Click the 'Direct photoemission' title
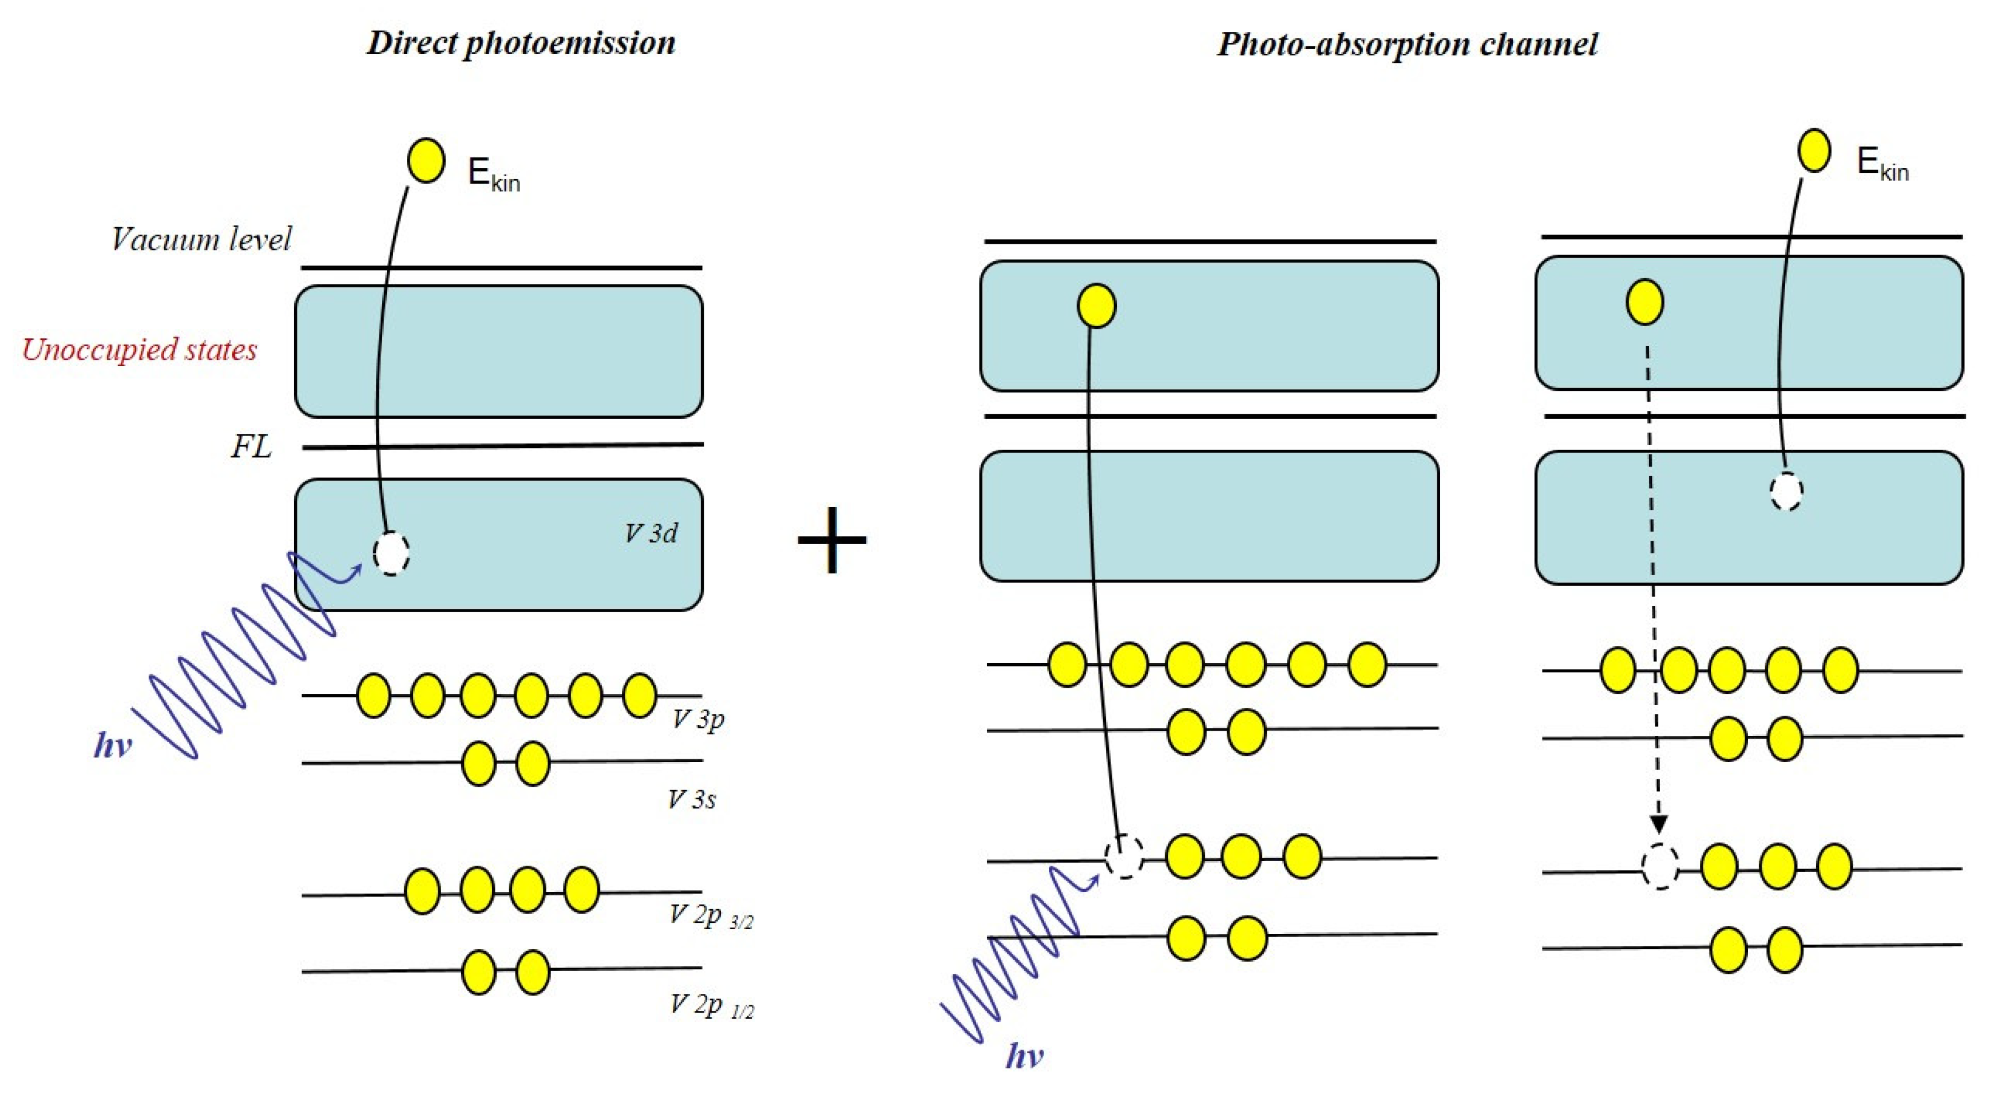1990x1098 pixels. [x=521, y=42]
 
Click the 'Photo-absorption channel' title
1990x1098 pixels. [x=1407, y=44]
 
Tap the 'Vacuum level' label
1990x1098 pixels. [x=201, y=240]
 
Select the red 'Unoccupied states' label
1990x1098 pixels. [x=139, y=350]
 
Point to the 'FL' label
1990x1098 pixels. [x=251, y=447]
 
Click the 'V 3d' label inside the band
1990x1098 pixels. [x=651, y=533]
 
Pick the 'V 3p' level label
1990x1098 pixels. [x=697, y=719]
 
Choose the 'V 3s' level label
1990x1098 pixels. [x=691, y=799]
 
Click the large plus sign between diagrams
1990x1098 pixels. [x=832, y=540]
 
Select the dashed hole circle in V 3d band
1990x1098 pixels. [x=391, y=553]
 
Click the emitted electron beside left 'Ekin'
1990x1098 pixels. [x=426, y=161]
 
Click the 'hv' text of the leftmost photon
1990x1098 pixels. [x=113, y=746]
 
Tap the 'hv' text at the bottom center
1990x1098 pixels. [x=1024, y=1056]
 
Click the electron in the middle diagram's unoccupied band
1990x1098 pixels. [x=1096, y=306]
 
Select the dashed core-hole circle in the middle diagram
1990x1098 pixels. [x=1123, y=857]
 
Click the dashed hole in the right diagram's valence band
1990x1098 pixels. [x=1786, y=491]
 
